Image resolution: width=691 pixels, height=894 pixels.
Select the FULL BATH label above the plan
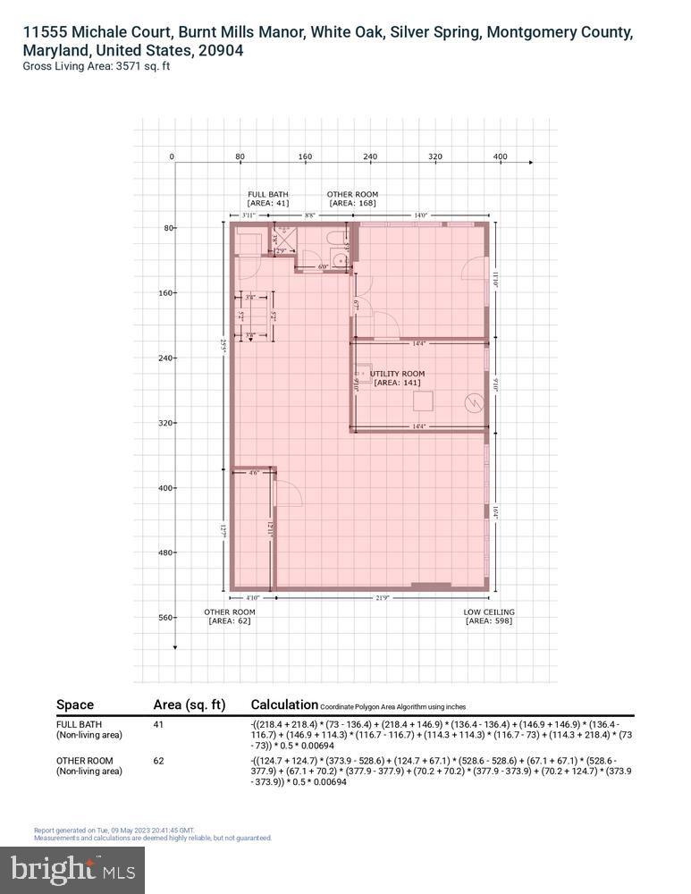tap(269, 194)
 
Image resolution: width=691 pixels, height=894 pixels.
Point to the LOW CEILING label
tap(489, 612)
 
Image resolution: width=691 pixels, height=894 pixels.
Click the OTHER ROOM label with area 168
tap(352, 194)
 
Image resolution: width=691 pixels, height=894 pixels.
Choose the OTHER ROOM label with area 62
tap(230, 612)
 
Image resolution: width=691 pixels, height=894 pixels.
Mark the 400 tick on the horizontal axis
tap(500, 157)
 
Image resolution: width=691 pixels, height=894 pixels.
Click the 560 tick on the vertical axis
tap(167, 618)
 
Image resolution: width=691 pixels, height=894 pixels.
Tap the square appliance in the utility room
tap(422, 401)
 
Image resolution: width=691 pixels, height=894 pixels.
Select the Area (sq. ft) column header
tap(189, 704)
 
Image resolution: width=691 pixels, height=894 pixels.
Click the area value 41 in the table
tap(159, 724)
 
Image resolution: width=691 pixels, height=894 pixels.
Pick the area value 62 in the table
tap(159, 760)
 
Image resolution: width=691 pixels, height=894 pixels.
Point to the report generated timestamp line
tap(114, 831)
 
